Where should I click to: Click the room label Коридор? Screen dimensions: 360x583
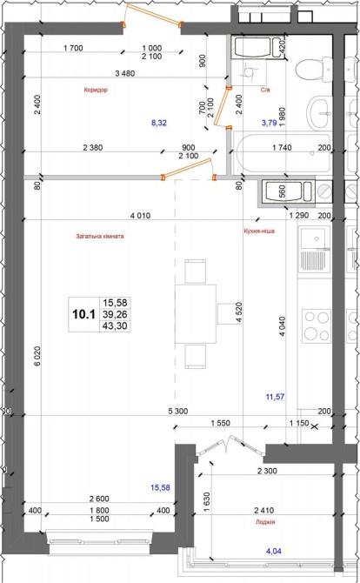point(96,90)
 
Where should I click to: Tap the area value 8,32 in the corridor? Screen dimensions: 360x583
point(159,123)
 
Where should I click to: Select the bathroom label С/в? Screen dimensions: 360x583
point(265,90)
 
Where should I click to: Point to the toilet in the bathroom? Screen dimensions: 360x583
point(313,70)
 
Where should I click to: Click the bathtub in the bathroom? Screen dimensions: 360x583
point(282,153)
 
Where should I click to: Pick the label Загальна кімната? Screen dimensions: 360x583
point(100,236)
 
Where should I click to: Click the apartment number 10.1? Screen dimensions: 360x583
point(83,314)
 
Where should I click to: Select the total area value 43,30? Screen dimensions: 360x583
point(115,326)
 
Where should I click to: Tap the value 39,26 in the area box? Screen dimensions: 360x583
point(115,314)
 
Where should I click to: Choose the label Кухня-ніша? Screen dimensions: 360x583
point(259,231)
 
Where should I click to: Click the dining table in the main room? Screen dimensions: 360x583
point(196,314)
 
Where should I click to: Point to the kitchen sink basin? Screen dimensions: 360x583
point(316,238)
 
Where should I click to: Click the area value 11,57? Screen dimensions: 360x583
point(275,397)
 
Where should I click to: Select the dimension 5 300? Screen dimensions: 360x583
point(178,412)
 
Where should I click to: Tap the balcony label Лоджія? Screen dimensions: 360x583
point(265,522)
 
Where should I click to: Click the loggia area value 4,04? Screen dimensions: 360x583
point(274,551)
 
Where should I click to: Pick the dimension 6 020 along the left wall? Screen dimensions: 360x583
point(37,356)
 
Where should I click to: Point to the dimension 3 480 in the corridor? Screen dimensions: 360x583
point(125,73)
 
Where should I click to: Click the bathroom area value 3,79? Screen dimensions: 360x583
point(270,123)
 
